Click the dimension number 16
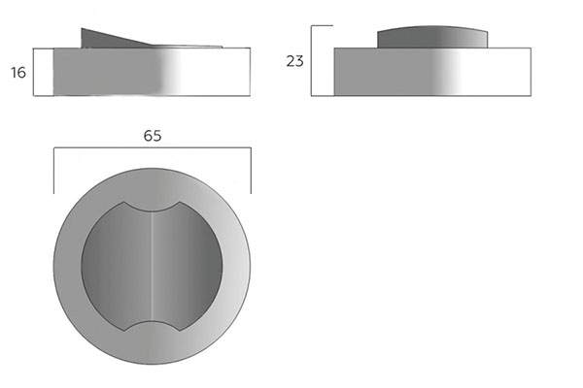[x=18, y=73]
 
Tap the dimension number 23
[x=294, y=61]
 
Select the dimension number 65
[x=153, y=136]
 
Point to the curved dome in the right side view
[x=432, y=37]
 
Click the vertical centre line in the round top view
[x=153, y=266]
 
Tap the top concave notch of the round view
[x=153, y=207]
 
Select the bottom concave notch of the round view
[x=153, y=326]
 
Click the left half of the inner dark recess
[x=117, y=266]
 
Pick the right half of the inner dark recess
[x=188, y=266]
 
